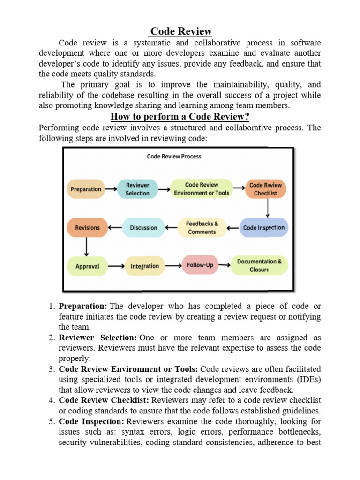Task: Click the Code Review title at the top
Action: point(180,31)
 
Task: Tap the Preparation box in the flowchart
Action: point(86,189)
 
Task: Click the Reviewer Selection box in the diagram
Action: point(137,189)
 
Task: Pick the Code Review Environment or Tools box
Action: point(202,189)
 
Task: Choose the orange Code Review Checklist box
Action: point(266,189)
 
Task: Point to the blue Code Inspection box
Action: point(263,228)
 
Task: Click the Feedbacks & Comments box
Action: point(202,228)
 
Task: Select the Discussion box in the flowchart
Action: point(143,228)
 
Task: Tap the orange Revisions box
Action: point(87,228)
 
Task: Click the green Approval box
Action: point(87,266)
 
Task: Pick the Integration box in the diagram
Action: point(145,266)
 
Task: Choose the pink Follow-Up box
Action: point(200,265)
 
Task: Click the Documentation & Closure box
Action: point(259,265)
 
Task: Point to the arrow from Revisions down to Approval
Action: point(87,247)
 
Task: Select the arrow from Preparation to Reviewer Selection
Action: point(111,189)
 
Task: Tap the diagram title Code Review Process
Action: point(174,156)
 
